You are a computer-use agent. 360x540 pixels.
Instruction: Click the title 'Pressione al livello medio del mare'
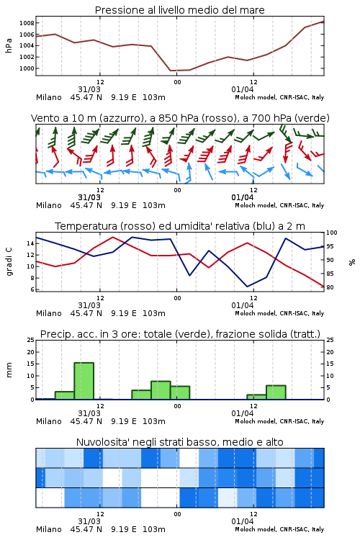(x=179, y=10)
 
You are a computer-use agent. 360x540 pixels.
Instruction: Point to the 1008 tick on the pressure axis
(x=27, y=23)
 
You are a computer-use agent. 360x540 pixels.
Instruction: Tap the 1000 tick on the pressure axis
(x=27, y=68)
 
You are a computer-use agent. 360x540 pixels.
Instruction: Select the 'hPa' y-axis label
(x=9, y=45)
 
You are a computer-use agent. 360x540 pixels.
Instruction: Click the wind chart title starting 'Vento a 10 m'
(x=180, y=118)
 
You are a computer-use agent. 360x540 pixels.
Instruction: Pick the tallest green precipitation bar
(x=84, y=381)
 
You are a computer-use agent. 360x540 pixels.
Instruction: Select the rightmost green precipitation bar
(x=276, y=392)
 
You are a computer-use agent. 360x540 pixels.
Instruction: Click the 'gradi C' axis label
(x=9, y=261)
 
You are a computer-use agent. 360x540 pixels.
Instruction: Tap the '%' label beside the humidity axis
(x=352, y=262)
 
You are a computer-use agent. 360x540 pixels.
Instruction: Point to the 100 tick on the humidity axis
(x=332, y=233)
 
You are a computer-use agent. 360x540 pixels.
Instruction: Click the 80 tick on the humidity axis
(x=330, y=287)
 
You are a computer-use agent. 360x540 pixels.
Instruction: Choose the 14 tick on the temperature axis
(x=30, y=243)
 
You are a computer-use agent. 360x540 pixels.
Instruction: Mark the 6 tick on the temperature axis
(x=32, y=289)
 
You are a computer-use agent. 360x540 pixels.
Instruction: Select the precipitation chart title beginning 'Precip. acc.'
(x=180, y=334)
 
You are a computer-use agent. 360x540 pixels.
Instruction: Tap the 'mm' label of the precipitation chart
(x=9, y=370)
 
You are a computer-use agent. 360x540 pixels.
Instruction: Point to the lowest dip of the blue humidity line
(x=247, y=287)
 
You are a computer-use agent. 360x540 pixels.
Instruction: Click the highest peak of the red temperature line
(x=112, y=237)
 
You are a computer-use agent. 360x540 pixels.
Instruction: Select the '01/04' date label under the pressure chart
(x=242, y=89)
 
